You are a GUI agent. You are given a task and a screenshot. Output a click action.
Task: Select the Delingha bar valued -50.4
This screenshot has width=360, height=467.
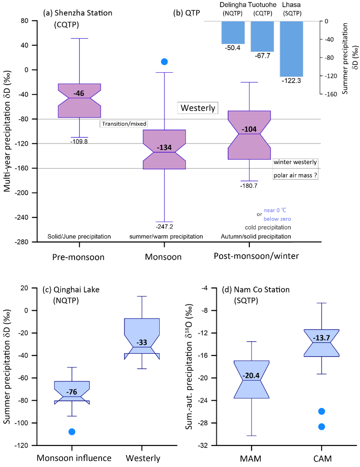[233, 32]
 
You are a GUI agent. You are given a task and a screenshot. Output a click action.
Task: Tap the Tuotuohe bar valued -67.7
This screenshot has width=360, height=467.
[262, 36]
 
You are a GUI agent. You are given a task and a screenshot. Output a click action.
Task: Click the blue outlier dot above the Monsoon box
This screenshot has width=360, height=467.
[165, 62]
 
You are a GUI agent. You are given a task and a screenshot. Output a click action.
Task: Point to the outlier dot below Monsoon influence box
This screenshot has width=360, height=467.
[72, 432]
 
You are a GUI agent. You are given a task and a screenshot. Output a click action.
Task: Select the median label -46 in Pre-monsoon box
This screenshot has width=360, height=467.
[79, 94]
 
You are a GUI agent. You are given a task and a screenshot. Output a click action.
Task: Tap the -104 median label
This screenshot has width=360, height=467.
[249, 129]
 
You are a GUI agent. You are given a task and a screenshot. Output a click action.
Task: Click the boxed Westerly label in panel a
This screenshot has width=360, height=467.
[198, 108]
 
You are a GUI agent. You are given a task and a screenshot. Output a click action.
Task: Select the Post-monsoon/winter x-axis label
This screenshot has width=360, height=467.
[256, 256]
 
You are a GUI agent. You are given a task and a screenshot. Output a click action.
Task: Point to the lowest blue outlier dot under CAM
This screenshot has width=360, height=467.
[322, 427]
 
